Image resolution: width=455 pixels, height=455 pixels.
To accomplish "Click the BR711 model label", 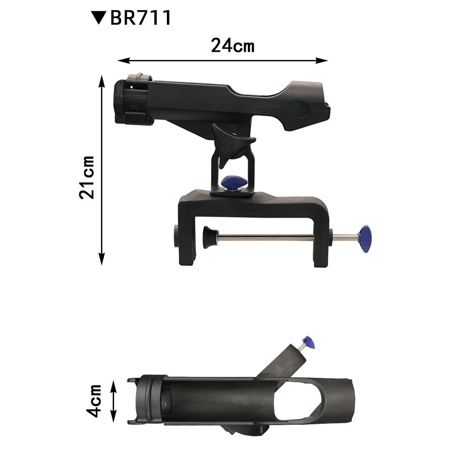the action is point(141,18).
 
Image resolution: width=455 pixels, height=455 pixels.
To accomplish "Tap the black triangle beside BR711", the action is point(98,17).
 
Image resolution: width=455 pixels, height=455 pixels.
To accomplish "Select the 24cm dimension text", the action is point(233,45).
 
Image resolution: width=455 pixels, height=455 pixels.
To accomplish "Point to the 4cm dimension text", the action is point(94,400).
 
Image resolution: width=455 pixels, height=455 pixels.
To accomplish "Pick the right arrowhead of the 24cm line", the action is point(322,60).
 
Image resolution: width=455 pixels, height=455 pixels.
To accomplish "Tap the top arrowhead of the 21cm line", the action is point(101,81).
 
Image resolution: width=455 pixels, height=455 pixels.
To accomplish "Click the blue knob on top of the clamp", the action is point(234,183).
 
